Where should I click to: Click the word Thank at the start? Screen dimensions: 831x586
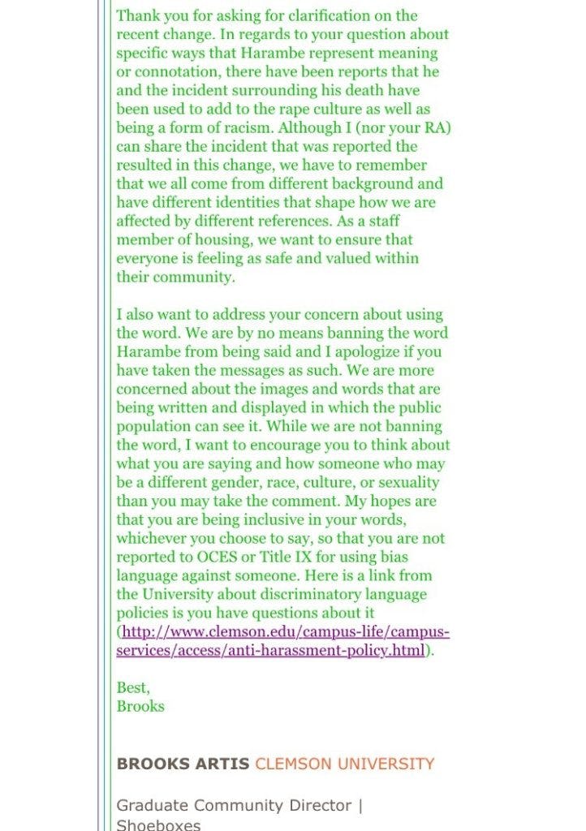click(x=136, y=15)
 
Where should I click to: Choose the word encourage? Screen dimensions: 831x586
click(x=287, y=445)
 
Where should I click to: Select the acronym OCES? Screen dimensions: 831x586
click(x=217, y=557)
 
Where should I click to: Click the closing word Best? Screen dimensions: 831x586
click(x=132, y=687)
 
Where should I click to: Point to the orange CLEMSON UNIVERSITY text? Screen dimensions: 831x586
click(x=345, y=764)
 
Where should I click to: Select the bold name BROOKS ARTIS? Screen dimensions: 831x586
click(x=183, y=764)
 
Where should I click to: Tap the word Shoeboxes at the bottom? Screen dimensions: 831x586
click(x=158, y=824)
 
